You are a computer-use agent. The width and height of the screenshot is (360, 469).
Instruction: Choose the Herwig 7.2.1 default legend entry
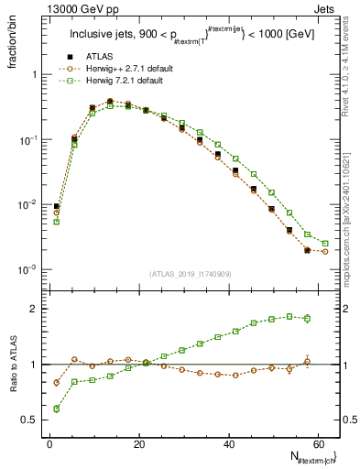[119, 82]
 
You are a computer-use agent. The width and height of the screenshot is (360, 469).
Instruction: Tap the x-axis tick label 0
[49, 443]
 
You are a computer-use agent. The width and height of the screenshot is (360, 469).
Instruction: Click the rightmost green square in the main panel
[325, 244]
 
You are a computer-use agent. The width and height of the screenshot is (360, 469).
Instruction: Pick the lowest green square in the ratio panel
[57, 409]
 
